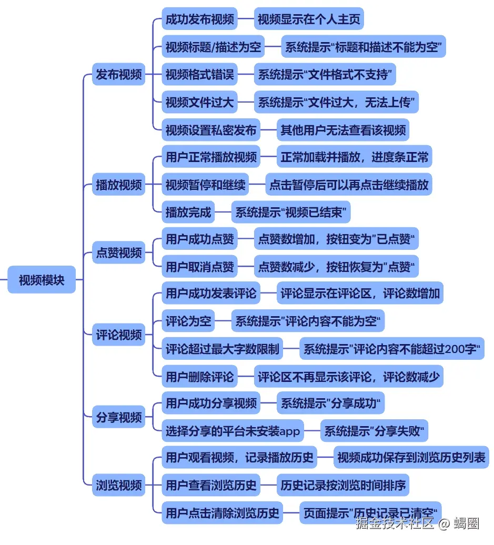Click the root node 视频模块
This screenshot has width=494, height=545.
(x=42, y=280)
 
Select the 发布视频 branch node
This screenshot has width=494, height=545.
(x=118, y=75)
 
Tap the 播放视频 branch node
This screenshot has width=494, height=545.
(x=118, y=185)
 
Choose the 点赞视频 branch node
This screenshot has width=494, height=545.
(x=118, y=253)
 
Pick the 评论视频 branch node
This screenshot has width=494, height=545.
(x=118, y=335)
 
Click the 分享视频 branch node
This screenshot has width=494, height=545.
(x=118, y=418)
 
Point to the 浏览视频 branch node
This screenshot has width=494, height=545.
(x=118, y=485)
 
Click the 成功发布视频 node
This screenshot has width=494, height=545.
(x=199, y=20)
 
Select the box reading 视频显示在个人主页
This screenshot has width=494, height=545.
(x=309, y=20)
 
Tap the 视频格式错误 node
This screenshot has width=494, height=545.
(x=199, y=75)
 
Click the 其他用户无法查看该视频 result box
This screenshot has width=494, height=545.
(x=343, y=130)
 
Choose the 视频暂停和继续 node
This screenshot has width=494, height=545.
(x=205, y=185)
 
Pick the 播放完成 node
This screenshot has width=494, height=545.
(x=188, y=213)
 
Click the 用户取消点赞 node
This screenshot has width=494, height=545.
(x=199, y=267)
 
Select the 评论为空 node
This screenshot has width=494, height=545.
(x=188, y=321)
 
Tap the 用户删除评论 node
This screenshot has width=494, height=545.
(x=199, y=377)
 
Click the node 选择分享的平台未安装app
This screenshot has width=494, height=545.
(x=233, y=431)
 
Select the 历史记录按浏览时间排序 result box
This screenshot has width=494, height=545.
(x=343, y=485)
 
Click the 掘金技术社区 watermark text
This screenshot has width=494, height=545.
(x=394, y=523)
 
